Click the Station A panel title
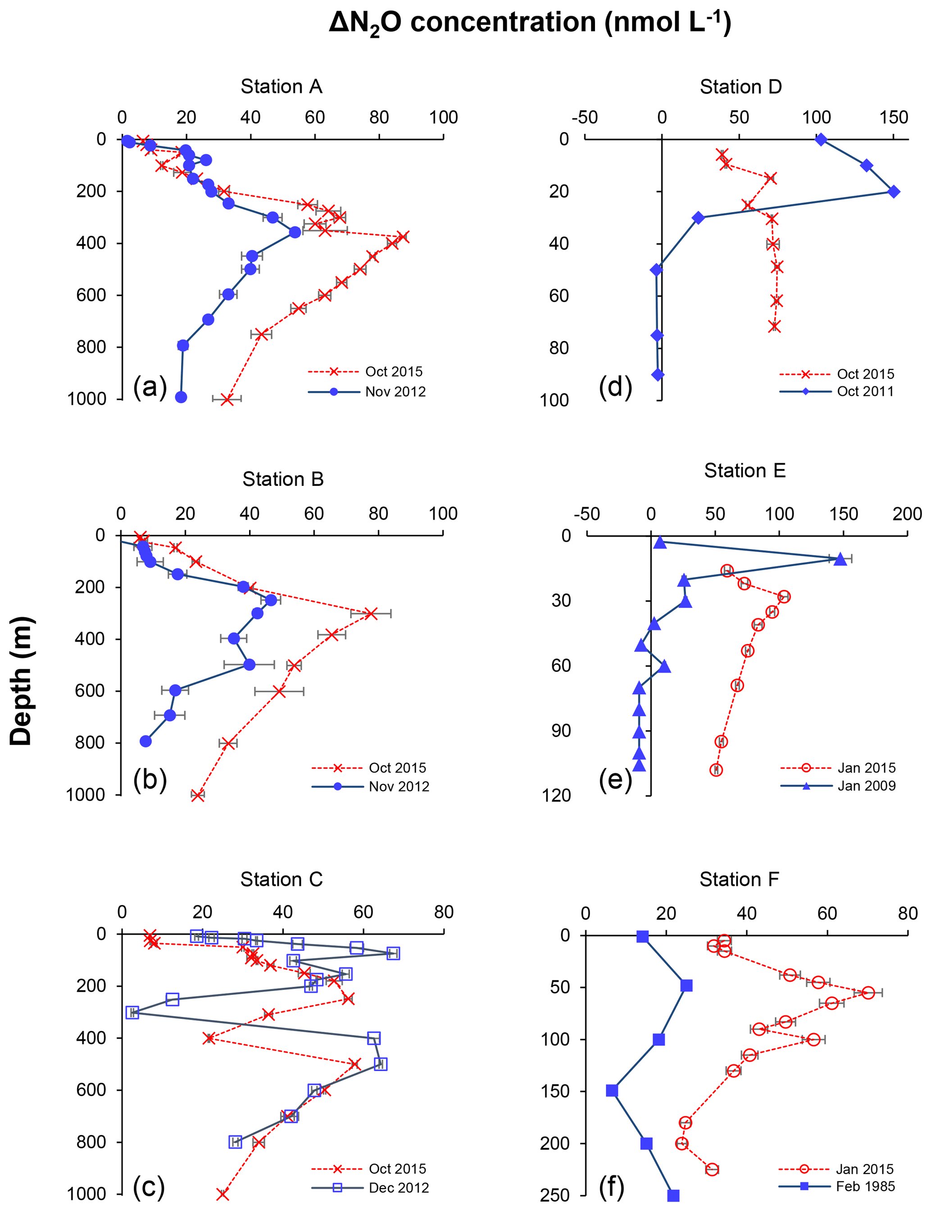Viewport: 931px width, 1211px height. click(x=281, y=86)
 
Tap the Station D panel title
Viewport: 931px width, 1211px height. click(x=740, y=86)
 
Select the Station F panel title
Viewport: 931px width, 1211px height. click(x=739, y=879)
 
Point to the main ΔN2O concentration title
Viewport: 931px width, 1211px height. click(x=530, y=23)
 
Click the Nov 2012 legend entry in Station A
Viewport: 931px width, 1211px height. click(x=395, y=392)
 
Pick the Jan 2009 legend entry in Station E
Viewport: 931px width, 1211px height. click(x=866, y=785)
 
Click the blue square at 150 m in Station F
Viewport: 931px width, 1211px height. click(x=612, y=1091)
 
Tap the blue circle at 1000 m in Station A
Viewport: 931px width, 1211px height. click(x=181, y=397)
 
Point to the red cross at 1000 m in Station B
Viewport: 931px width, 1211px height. click(x=197, y=795)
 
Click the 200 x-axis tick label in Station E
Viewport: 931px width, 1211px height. click(x=907, y=513)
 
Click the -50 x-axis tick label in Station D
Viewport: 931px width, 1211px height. click(x=585, y=118)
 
